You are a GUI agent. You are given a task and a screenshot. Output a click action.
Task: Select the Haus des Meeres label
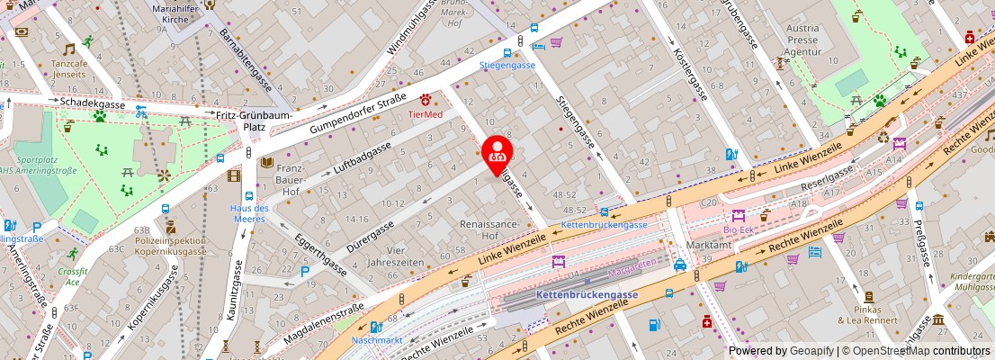pyautogui.click(x=243, y=213)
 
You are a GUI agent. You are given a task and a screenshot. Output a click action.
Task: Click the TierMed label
pyautogui.click(x=426, y=114)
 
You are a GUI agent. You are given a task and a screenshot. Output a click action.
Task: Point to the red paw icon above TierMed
pyautogui.click(x=426, y=98)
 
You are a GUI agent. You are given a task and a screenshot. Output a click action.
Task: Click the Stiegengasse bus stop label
pyautogui.click(x=506, y=65)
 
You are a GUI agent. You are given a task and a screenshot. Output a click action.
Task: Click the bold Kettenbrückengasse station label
pyautogui.click(x=586, y=294)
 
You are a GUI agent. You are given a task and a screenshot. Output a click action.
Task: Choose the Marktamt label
pyautogui.click(x=708, y=246)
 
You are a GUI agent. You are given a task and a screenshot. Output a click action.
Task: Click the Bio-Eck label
pyautogui.click(x=739, y=229)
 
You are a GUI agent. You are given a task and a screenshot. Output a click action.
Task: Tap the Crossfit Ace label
pyautogui.click(x=72, y=276)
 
